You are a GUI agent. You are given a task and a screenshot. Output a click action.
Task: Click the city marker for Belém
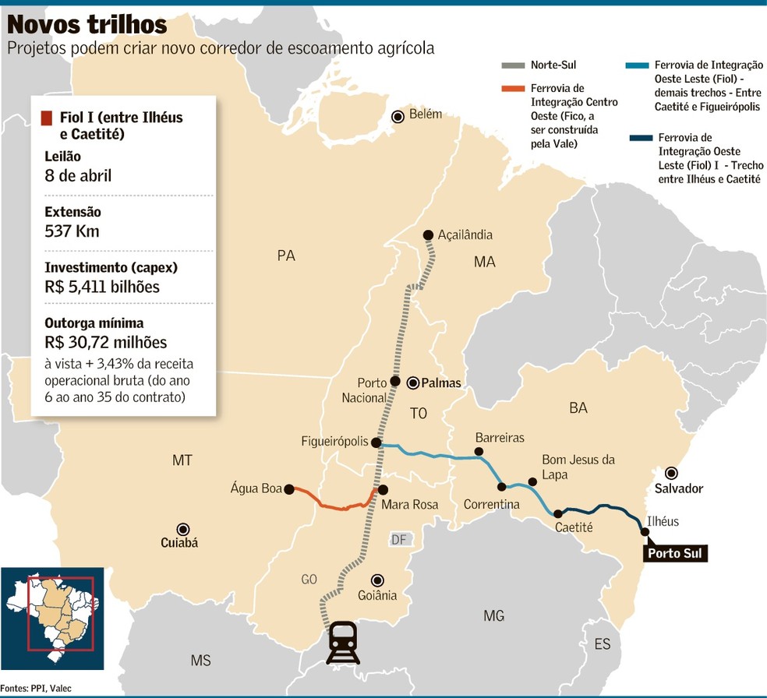tap(398, 116)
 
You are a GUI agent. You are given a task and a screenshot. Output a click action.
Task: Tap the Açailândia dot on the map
tap(427, 235)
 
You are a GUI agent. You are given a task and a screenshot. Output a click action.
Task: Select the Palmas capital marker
tap(413, 382)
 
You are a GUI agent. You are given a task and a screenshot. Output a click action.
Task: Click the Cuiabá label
tap(178, 543)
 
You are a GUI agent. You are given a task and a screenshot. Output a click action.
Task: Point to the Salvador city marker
tap(670, 473)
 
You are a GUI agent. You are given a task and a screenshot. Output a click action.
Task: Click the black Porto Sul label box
tap(674, 554)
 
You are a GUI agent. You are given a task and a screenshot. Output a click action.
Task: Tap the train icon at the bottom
tap(343, 642)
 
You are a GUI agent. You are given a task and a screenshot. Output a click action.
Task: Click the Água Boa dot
tap(289, 489)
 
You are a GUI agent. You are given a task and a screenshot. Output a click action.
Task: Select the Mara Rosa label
tap(409, 505)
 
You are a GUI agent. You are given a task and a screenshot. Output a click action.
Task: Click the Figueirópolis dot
tap(376, 442)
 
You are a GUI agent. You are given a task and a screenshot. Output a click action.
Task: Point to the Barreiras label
tap(500, 438)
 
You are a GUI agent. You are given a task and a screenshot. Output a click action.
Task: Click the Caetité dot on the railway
tap(558, 513)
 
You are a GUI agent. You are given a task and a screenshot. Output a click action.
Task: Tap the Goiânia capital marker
tap(377, 580)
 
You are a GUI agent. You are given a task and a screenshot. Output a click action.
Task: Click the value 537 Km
tap(72, 231)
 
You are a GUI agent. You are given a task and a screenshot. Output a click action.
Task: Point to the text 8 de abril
tap(78, 175)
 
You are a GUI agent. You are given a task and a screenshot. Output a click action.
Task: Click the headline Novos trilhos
tap(87, 24)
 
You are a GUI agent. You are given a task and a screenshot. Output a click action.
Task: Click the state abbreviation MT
tap(182, 460)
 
